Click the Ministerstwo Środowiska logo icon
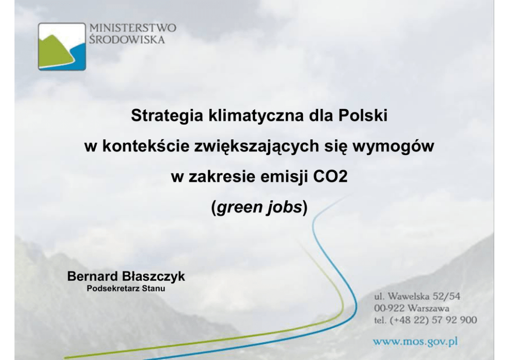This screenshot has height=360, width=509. click(x=62, y=46)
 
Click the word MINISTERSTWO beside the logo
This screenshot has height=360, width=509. click(x=133, y=28)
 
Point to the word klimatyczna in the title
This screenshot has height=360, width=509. click(x=256, y=116)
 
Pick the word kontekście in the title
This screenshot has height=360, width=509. click(x=146, y=146)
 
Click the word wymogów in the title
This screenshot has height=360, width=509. click(x=393, y=146)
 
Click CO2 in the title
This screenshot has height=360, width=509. click(x=330, y=177)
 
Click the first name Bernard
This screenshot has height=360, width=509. click(x=92, y=276)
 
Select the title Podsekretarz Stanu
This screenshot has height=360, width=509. click(x=126, y=288)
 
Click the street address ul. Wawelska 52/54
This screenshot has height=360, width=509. click(x=417, y=296)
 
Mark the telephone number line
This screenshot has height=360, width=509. click(x=425, y=320)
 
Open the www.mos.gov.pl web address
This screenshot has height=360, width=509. click(x=416, y=342)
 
